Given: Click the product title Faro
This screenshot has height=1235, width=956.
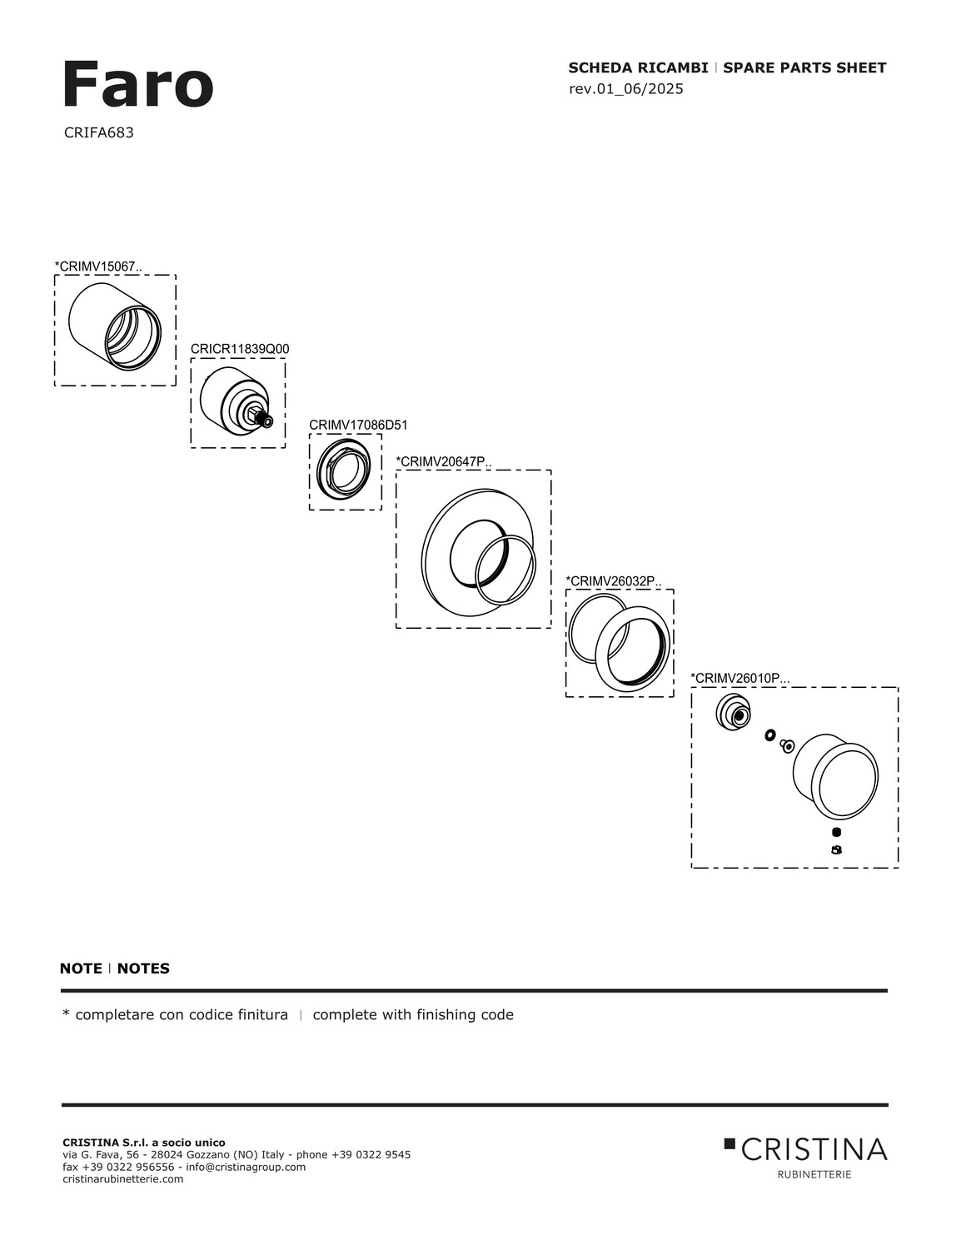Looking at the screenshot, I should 137,85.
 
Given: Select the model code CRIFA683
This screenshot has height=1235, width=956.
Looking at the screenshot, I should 98,132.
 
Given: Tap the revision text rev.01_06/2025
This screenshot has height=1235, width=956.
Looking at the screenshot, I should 625,89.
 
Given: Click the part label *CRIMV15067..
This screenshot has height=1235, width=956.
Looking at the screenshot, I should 98,266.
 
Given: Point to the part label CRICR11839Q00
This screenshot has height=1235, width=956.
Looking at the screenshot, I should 240,349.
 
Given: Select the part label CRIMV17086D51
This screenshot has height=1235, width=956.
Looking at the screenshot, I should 358,425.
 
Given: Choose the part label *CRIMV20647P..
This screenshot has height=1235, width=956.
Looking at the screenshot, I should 444,461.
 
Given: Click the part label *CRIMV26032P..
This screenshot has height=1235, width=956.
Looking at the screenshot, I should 614,580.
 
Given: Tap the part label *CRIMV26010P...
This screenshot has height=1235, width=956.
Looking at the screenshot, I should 739,678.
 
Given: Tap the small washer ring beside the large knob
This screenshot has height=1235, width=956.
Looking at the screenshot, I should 770,735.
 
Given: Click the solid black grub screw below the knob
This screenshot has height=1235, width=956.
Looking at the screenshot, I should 836,832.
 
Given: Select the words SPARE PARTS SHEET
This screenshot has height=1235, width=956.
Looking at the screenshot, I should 804,68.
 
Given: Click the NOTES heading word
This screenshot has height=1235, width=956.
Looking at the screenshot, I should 143,969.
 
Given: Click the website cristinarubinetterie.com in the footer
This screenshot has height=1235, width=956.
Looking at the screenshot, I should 123,1178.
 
